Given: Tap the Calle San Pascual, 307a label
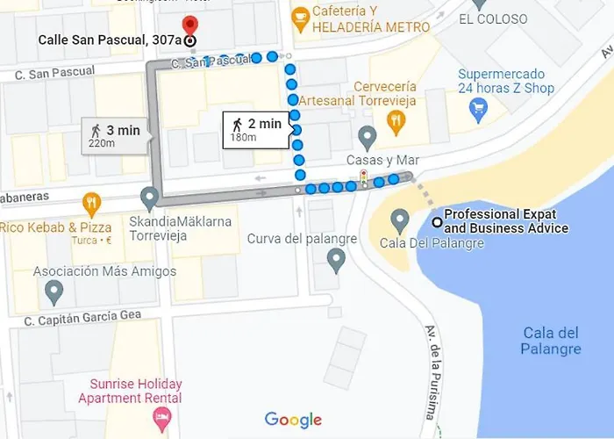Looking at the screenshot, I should tap(110, 40).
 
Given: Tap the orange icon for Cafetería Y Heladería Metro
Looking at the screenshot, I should tap(301, 16).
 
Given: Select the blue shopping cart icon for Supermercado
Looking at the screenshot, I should tap(478, 109).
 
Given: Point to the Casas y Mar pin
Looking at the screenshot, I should tap(368, 136).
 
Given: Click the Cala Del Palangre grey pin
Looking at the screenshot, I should tap(400, 219).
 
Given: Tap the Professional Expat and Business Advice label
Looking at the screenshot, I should tap(506, 221).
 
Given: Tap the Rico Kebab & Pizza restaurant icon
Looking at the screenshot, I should tap(92, 204).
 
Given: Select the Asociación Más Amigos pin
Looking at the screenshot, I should tap(54, 290).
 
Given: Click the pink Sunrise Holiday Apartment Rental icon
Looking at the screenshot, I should tap(161, 420).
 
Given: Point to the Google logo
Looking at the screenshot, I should tap(293, 420).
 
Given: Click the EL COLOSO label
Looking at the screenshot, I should tap(493, 19).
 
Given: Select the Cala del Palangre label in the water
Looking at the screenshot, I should tap(552, 341).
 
